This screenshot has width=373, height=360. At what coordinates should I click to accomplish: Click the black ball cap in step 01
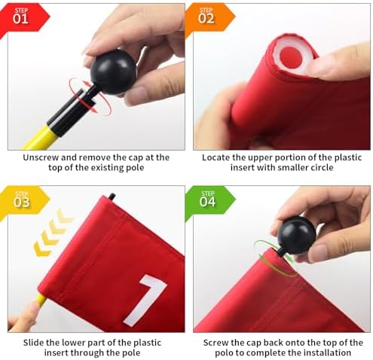[113, 72]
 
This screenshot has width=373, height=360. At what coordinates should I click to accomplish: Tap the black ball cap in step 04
[296, 235]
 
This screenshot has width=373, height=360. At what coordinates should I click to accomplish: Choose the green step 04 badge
[209, 201]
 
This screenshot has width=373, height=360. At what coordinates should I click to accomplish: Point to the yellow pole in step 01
[40, 138]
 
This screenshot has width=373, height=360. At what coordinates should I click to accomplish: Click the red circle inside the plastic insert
[291, 57]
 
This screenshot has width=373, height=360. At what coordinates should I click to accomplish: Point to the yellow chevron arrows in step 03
[52, 232]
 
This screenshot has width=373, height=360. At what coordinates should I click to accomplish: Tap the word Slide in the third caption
[34, 343]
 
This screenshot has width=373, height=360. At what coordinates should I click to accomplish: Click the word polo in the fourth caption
[225, 353]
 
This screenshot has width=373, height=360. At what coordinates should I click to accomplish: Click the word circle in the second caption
[322, 167]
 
